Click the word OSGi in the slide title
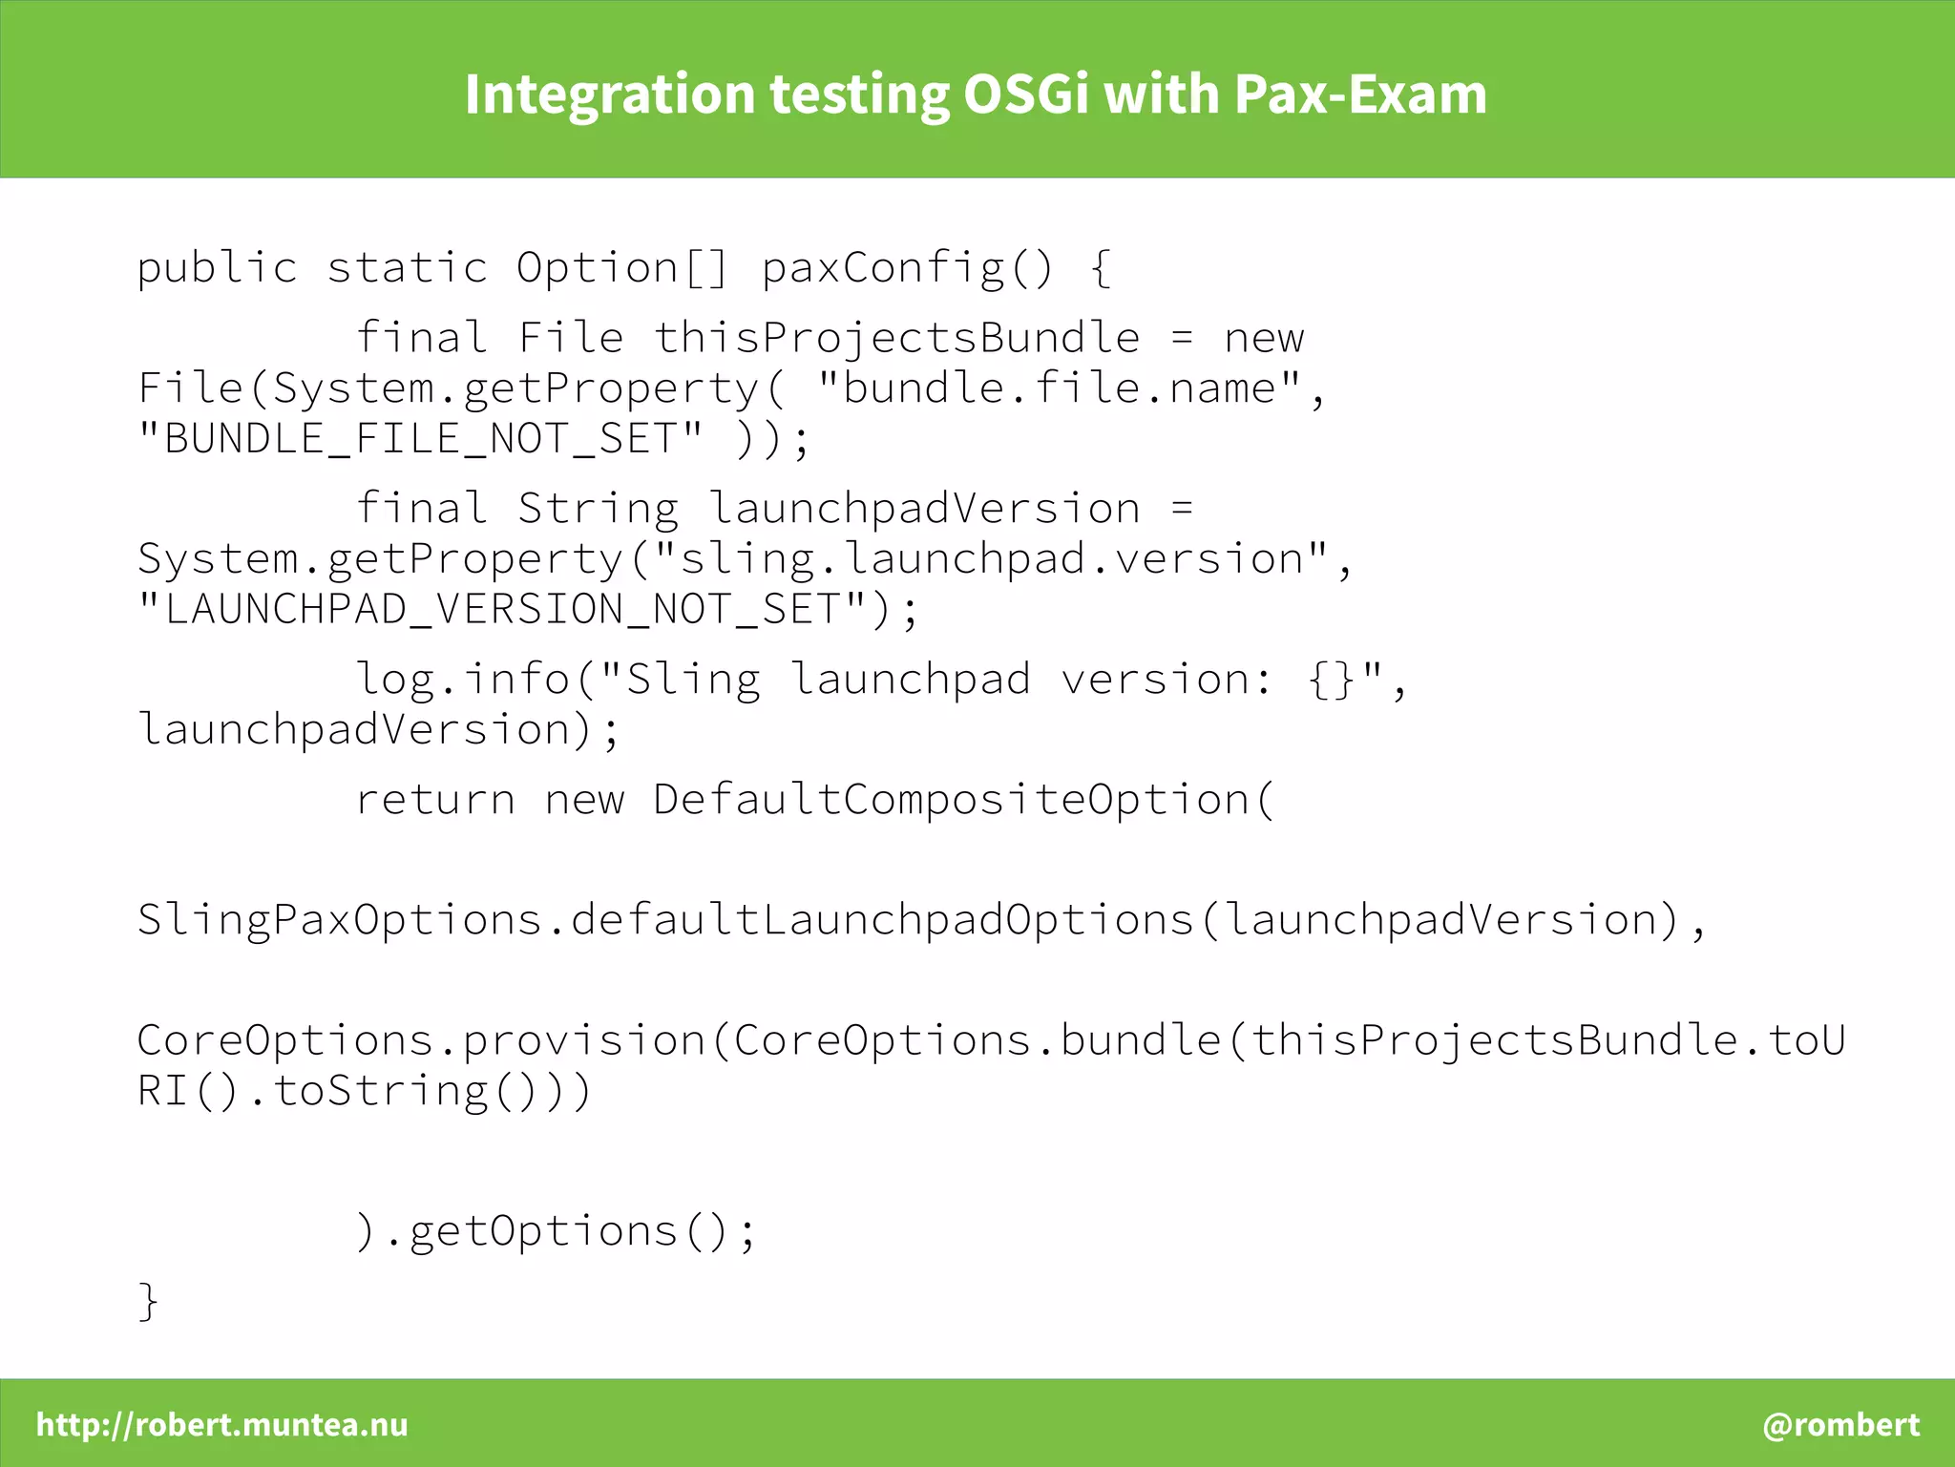(1025, 94)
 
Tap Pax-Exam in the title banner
(1359, 94)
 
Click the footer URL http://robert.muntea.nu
(221, 1424)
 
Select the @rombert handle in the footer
(1840, 1424)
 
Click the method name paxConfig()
(907, 267)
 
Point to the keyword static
(408, 267)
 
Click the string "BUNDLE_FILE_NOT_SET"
(420, 439)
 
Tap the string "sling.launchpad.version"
(989, 558)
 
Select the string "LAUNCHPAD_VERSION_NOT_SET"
(501, 609)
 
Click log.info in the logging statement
(462, 680)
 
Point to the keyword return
(435, 800)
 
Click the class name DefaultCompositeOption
(951, 800)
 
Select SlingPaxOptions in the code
(340, 920)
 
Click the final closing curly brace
(148, 1301)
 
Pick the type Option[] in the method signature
(621, 267)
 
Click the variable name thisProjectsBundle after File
(896, 338)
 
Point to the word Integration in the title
(610, 94)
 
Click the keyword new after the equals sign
(1264, 338)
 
